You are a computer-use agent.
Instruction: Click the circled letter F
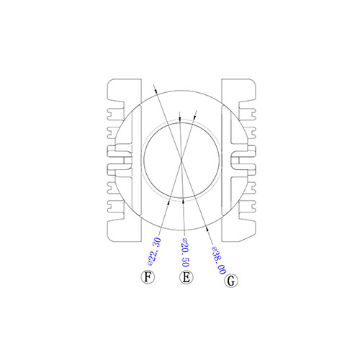tap(148, 277)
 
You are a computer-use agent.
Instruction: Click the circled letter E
tap(186, 277)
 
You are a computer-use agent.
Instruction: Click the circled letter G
tap(231, 281)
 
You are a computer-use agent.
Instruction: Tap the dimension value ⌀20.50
tap(185, 253)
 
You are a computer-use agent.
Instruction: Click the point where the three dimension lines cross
tap(181, 158)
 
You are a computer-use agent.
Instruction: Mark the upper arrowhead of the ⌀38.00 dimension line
tap(156, 91)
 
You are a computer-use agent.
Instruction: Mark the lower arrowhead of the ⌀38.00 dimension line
tap(207, 229)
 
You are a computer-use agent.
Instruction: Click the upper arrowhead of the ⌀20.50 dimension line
tap(180, 120)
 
